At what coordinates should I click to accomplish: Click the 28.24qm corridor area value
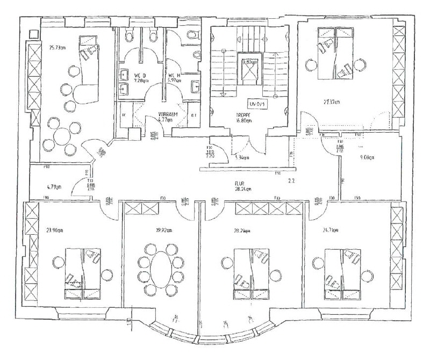point(243,189)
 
